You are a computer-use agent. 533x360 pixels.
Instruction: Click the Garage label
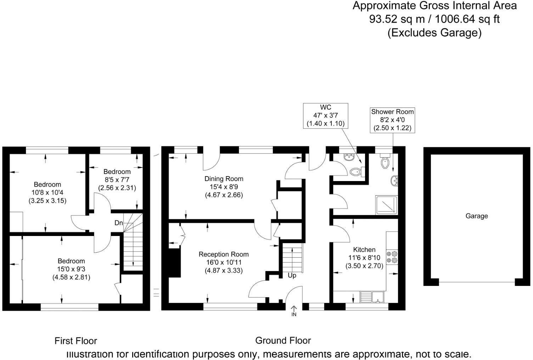coord(477,216)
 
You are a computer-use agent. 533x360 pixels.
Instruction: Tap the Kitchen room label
coord(364,249)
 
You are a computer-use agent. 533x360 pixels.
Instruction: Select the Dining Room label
coord(224,179)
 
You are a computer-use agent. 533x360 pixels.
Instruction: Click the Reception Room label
coord(224,254)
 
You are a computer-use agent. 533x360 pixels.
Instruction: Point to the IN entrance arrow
coord(294,311)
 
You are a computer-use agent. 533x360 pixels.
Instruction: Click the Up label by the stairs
coord(292,276)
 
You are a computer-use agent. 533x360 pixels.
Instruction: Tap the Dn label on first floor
coord(119,223)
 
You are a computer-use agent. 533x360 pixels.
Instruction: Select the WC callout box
coord(326,116)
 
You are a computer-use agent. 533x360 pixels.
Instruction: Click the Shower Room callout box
coord(392,120)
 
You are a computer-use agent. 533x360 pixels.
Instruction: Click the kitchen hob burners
coord(392,257)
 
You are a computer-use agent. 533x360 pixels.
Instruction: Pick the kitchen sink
coord(372,297)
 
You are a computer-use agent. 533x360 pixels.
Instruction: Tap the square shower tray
coord(387,205)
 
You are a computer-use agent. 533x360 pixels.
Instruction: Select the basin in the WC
coord(349,157)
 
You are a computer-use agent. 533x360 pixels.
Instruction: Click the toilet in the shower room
coord(385,161)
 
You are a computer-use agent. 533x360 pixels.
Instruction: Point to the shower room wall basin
coord(394,181)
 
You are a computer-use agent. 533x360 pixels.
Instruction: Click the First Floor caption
coord(76,341)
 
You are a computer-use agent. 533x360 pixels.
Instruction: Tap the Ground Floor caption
coord(283,341)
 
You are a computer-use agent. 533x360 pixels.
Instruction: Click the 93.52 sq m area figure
coord(397,19)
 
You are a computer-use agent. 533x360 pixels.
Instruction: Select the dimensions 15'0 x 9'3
coord(71,269)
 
